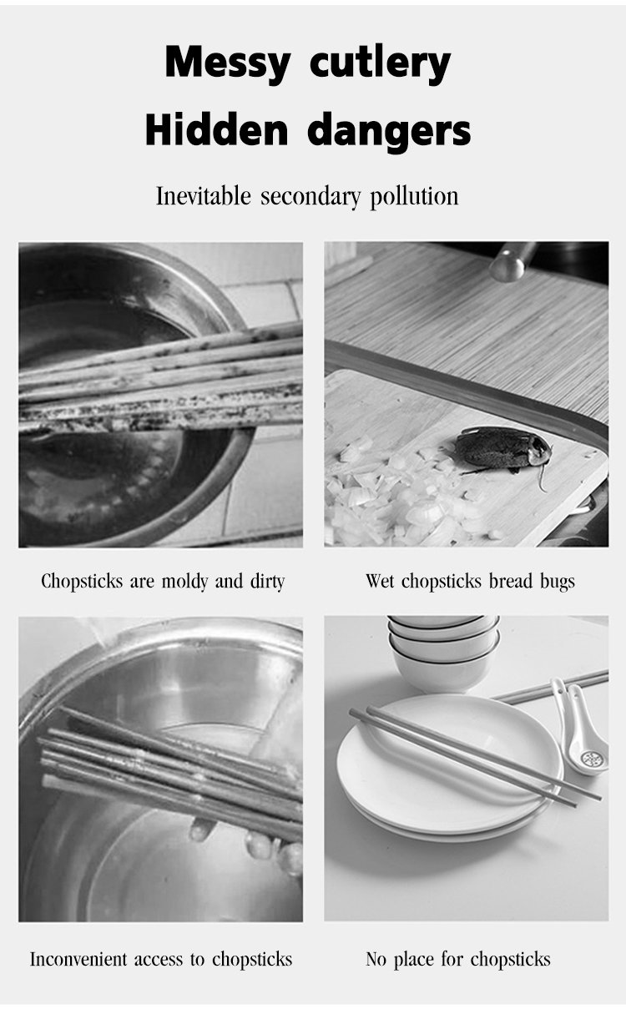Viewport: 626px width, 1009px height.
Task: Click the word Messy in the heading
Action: coord(227,63)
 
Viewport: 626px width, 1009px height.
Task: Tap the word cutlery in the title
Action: coord(380,63)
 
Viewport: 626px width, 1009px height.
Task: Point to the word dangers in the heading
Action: coord(389,131)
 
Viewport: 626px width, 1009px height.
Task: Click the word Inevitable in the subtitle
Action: coord(203,196)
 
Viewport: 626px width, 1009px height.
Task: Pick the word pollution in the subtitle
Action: coord(414,197)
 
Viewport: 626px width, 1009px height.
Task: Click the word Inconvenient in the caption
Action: coord(78,959)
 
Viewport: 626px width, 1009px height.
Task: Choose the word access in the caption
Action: coord(159,960)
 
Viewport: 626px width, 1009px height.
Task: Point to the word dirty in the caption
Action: coord(268,582)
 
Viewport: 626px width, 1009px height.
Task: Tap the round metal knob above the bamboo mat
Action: coord(507,268)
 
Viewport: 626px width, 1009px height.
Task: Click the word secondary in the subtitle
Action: coord(310,197)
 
